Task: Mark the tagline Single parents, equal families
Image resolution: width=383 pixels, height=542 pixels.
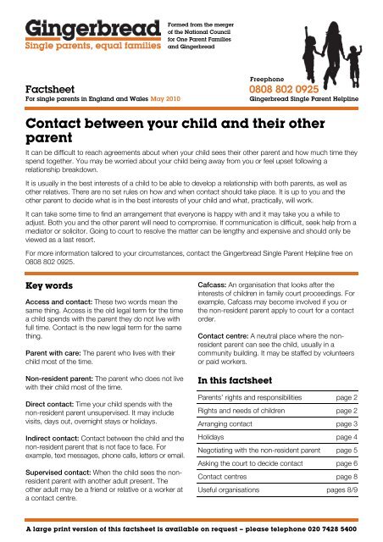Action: tap(82, 47)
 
